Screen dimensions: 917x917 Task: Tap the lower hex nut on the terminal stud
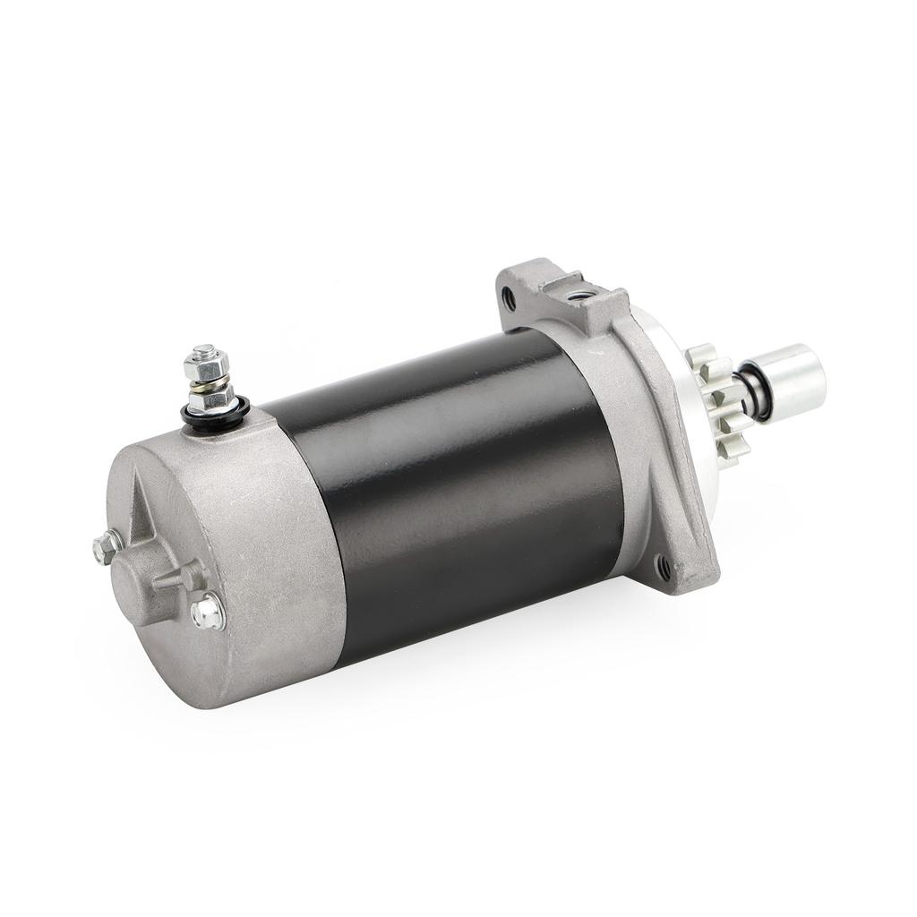pos(210,397)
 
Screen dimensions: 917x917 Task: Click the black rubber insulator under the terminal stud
pos(215,416)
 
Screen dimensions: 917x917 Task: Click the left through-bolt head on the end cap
pos(107,546)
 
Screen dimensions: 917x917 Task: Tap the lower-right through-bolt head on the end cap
pos(208,613)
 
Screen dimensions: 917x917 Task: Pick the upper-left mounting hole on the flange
pos(510,297)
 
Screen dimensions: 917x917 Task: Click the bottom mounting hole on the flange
pos(664,567)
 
